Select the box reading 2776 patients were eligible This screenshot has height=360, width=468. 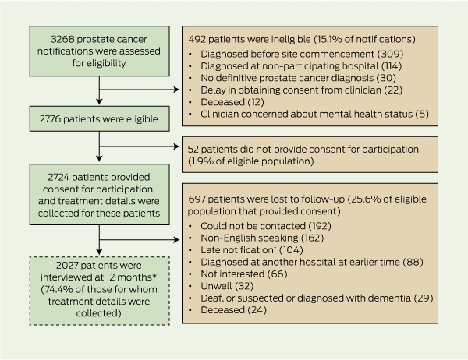(x=99, y=118)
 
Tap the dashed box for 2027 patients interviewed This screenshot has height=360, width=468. (x=99, y=291)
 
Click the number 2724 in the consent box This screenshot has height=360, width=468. (x=58, y=177)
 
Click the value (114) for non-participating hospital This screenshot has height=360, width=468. (x=392, y=66)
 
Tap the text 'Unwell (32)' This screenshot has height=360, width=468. (x=227, y=286)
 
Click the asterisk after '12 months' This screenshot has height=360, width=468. (x=154, y=276)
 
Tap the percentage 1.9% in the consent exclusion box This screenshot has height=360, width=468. (x=199, y=161)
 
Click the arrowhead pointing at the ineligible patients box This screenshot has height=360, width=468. (x=176, y=90)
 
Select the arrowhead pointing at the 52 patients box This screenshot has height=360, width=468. (x=176, y=146)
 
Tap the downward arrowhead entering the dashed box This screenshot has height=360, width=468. (x=99, y=252)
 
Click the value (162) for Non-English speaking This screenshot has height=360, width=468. (x=313, y=238)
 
